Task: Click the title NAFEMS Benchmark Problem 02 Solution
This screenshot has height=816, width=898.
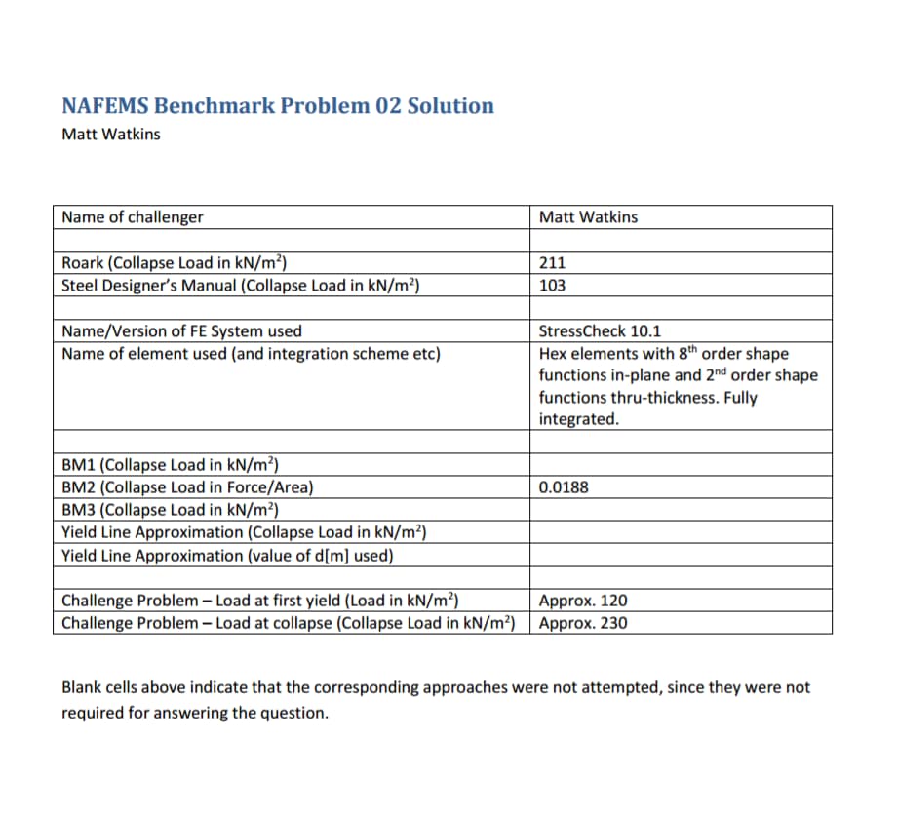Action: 277,105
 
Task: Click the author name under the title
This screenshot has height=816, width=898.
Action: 110,135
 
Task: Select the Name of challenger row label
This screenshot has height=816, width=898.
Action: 133,216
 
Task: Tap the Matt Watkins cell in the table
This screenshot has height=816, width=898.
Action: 588,216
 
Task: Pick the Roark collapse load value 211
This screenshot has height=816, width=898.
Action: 552,262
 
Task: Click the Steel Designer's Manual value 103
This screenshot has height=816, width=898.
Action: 552,286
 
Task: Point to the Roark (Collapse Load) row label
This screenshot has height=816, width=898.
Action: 174,262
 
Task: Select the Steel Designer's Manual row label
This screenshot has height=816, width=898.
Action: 241,286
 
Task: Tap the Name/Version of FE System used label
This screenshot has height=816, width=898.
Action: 181,331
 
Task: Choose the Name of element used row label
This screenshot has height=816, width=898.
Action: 251,353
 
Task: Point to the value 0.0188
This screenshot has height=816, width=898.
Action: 564,487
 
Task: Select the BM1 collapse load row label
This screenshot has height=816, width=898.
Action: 171,464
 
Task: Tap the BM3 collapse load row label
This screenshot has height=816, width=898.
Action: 171,510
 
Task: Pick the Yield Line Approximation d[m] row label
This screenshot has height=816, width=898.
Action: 227,556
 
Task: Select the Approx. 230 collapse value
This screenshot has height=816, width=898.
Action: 583,623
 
